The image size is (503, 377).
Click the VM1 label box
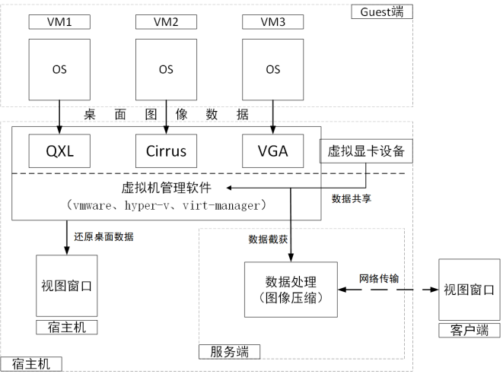tap(59, 21)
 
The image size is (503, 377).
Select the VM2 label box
tap(165, 21)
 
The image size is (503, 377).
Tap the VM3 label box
tap(272, 21)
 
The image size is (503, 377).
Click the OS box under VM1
tap(59, 70)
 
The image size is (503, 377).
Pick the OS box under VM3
tap(272, 70)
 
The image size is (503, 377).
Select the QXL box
tap(59, 150)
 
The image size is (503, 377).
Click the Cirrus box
tap(165, 150)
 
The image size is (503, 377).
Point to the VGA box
tap(272, 150)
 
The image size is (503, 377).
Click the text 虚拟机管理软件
tap(165, 188)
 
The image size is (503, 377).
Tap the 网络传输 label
tap(378, 278)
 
